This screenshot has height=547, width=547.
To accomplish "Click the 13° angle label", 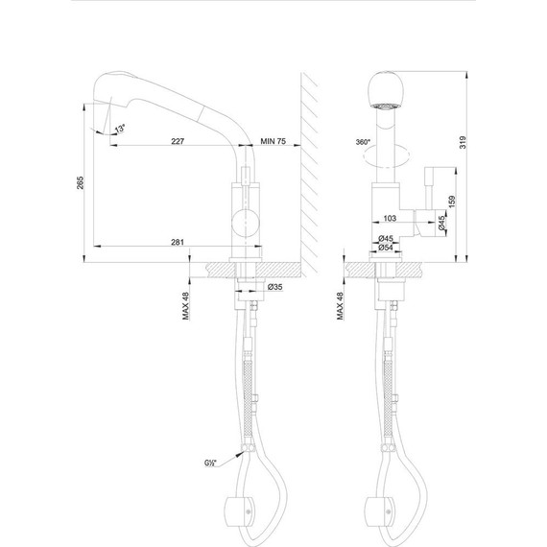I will tap(120, 130).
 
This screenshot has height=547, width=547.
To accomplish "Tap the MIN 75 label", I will tap(275, 140).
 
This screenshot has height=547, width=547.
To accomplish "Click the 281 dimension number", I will tap(177, 242).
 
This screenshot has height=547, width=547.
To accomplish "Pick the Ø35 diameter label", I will tap(273, 287).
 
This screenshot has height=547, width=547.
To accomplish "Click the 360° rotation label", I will tap(362, 141).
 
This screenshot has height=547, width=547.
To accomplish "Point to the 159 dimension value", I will tap(452, 204).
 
